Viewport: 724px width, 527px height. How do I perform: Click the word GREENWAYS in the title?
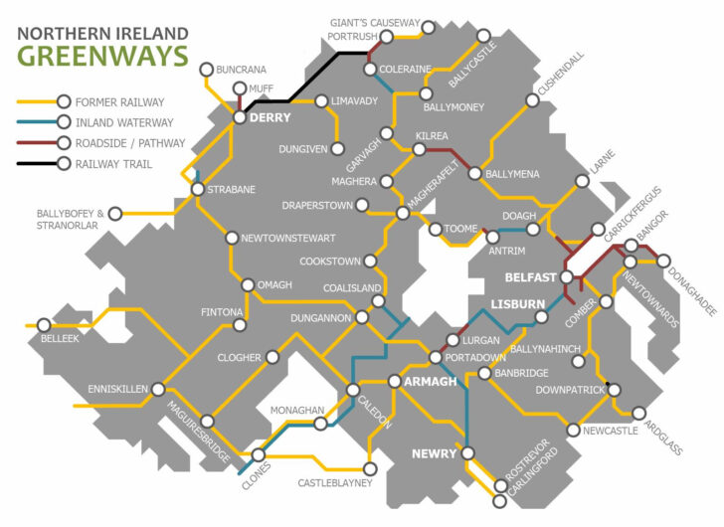coord(101,55)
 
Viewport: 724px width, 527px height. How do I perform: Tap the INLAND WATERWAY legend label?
coord(123,122)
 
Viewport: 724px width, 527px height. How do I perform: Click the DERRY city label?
coord(270,118)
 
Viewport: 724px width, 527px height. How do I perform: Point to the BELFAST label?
coord(531,277)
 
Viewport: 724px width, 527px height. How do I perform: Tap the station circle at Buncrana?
coord(206,70)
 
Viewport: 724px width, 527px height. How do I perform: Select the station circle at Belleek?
coord(44,324)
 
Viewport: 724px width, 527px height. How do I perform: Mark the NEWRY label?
coord(434,453)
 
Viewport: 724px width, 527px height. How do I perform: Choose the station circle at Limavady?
coord(321,100)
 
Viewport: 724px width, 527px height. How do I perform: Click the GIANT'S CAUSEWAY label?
coord(374,23)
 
